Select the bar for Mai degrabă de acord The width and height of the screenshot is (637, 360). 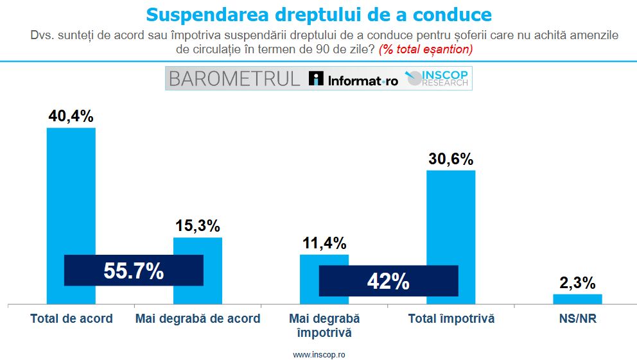(198, 246)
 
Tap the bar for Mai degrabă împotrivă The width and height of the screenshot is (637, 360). (324, 260)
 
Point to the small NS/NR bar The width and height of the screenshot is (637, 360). (578, 298)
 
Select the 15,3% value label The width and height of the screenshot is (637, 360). (198, 226)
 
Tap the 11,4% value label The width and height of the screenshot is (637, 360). (324, 243)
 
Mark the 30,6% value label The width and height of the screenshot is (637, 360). (451, 159)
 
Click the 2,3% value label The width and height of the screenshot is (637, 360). (578, 282)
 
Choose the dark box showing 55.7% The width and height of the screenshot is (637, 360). (134, 271)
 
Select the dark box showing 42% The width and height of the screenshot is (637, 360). (388, 280)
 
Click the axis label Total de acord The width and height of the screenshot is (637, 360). (71, 318)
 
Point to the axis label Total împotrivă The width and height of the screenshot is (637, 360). (451, 318)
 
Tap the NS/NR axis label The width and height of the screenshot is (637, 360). (578, 318)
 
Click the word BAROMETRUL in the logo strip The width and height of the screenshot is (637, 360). (234, 79)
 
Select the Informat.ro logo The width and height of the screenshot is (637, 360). (354, 80)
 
